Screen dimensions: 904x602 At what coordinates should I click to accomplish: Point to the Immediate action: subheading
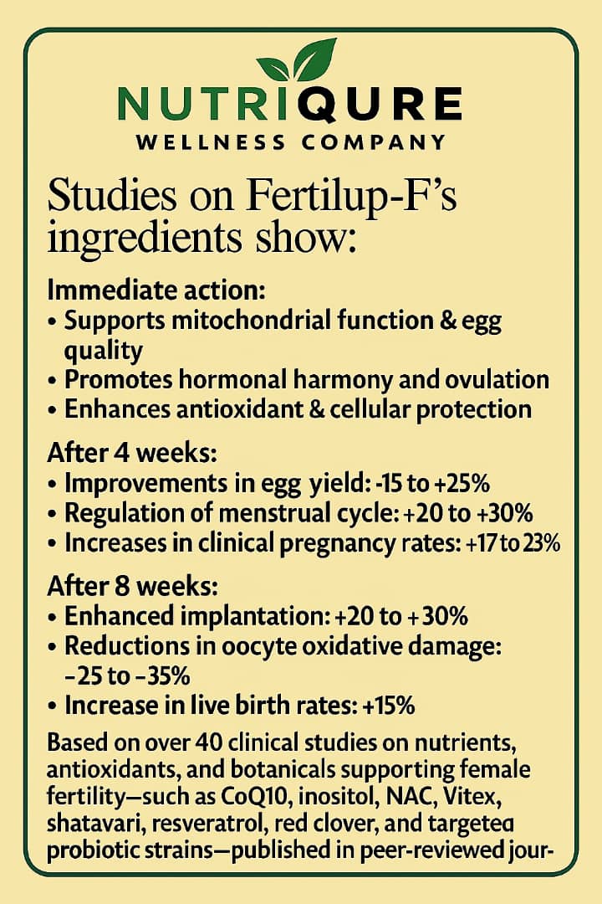tap(156, 291)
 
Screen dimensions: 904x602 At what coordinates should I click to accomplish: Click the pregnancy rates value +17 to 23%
tap(511, 542)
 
